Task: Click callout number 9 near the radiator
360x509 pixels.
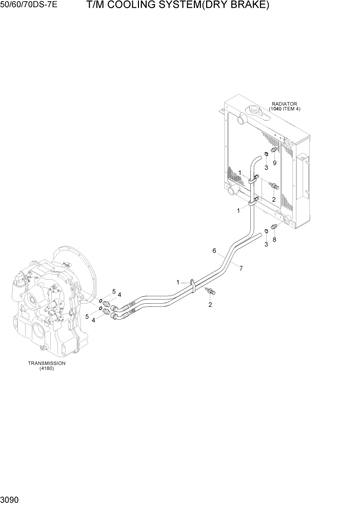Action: tap(274, 163)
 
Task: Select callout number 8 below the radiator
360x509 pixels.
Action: tap(274, 239)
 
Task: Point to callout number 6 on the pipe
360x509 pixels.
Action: tap(214, 251)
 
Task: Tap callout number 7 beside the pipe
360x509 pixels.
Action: tap(240, 268)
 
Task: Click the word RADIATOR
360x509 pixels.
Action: tap(285, 104)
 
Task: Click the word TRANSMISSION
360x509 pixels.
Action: tap(47, 363)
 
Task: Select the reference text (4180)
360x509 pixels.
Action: tap(47, 369)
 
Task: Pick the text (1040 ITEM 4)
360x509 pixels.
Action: tap(285, 109)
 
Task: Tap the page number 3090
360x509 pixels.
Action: tap(8, 500)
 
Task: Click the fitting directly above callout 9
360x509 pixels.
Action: tap(274, 150)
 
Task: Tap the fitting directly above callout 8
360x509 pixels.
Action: tap(275, 227)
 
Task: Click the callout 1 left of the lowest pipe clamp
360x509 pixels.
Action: tap(178, 282)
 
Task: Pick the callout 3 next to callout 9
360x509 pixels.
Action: tap(266, 167)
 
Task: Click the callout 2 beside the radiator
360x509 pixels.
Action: tap(274, 199)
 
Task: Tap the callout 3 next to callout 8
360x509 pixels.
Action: tap(266, 244)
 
